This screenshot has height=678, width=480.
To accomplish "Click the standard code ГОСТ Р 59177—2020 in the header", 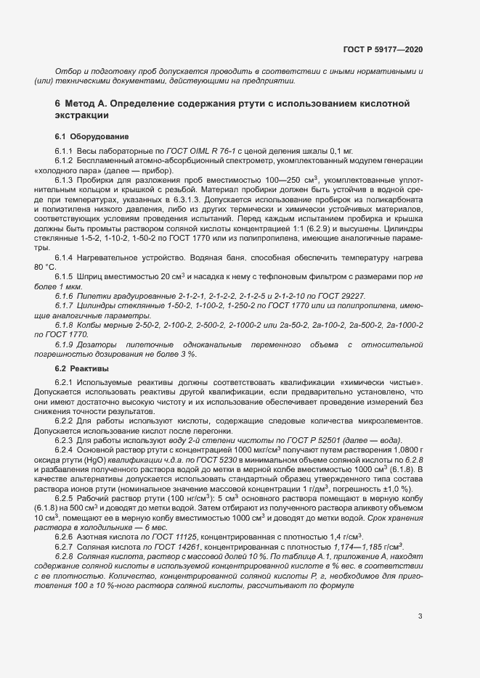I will [383, 50].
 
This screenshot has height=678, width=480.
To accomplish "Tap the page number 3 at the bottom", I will [420, 616].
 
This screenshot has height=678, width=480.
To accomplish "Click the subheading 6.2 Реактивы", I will [82, 369].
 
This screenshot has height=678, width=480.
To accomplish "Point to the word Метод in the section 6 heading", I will [81, 104].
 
